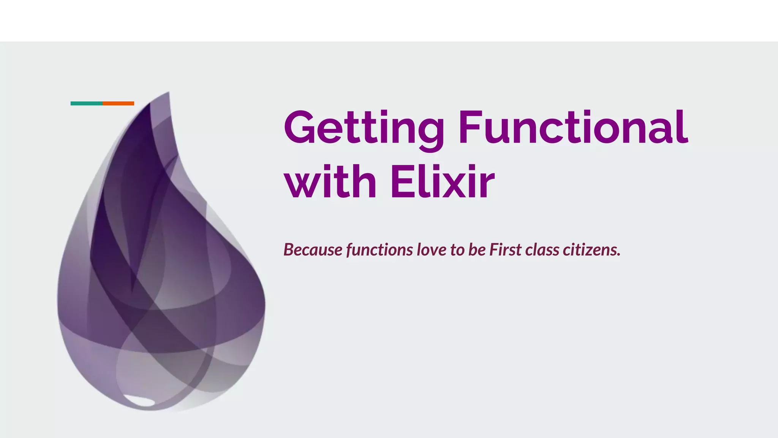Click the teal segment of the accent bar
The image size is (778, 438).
87,103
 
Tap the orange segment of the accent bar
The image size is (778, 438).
118,103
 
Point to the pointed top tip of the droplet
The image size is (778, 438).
168,92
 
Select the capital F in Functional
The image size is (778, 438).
470,127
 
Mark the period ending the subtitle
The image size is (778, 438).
619,255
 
